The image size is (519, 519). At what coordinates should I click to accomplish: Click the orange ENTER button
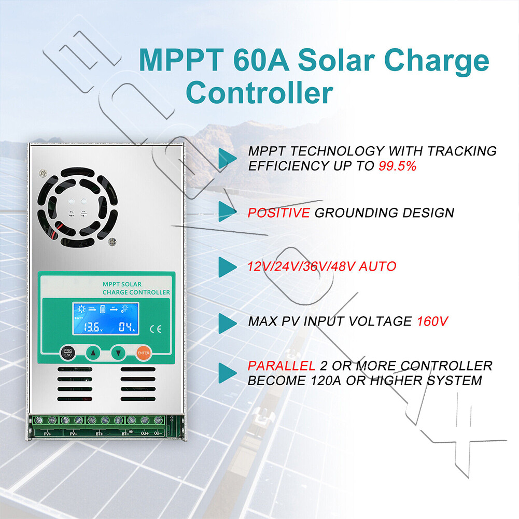143,353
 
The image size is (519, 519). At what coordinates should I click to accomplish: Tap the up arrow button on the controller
93,353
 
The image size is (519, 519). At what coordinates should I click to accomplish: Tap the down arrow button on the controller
119,353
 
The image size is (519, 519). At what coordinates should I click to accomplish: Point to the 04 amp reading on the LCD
126,327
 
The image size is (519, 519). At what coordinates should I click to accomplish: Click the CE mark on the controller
155,328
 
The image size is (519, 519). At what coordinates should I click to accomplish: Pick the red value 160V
432,321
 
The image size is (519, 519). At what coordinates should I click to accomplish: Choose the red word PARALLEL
281,366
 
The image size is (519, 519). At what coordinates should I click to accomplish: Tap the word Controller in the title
259,93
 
